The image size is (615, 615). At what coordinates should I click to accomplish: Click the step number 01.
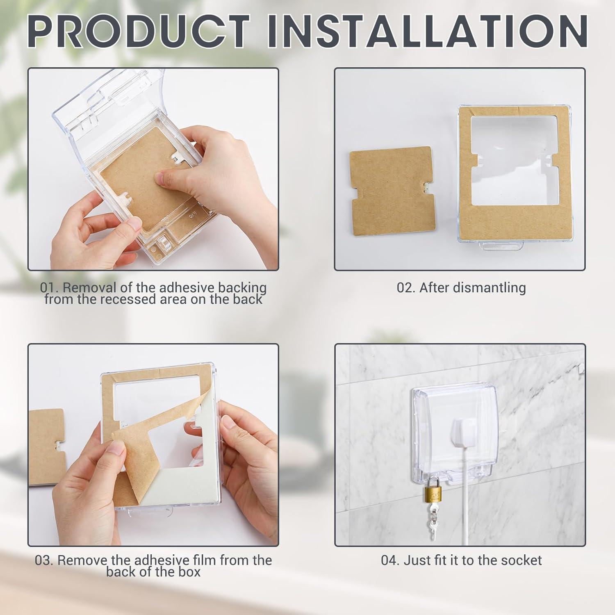(x=47, y=287)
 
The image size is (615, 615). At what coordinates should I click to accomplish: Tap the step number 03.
(x=43, y=560)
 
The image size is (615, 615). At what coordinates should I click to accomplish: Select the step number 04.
(x=390, y=560)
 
